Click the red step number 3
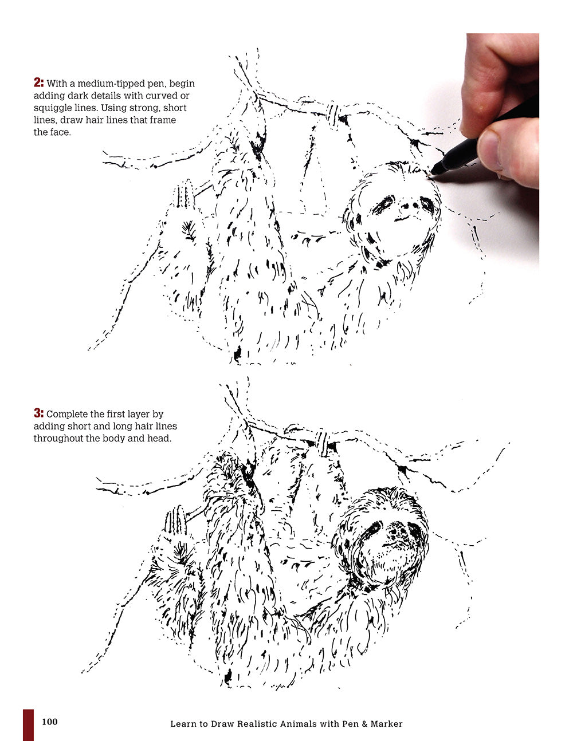38,413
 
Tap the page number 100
50,722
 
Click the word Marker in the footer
386,724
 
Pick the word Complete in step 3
67,413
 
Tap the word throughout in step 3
57,439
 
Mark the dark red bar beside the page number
28,724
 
